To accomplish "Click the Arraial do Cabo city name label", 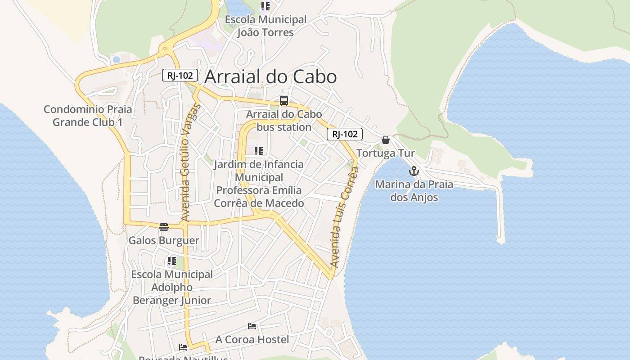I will (270, 76).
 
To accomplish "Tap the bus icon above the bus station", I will (284, 101).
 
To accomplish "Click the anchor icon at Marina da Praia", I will (414, 171).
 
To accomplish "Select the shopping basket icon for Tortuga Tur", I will (386, 140).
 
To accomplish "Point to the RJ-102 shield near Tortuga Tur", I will (344, 134).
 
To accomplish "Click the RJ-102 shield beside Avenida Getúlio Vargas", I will (180, 75).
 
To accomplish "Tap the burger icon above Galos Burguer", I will (164, 227).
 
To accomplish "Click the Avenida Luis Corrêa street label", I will (344, 217).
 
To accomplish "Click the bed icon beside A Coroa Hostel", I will (252, 326).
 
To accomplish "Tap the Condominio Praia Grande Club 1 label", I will (88, 116).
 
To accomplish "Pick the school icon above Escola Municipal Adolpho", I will (172, 261).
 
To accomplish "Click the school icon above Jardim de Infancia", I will (259, 151).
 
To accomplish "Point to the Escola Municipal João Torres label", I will (265, 26).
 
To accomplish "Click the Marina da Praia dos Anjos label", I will (414, 191).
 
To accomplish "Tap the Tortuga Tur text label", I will (386, 153).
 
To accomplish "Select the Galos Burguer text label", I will (164, 240).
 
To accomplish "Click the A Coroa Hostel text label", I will (252, 339).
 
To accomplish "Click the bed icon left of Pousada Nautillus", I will (183, 347).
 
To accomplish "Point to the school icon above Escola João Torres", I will (265, 6).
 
